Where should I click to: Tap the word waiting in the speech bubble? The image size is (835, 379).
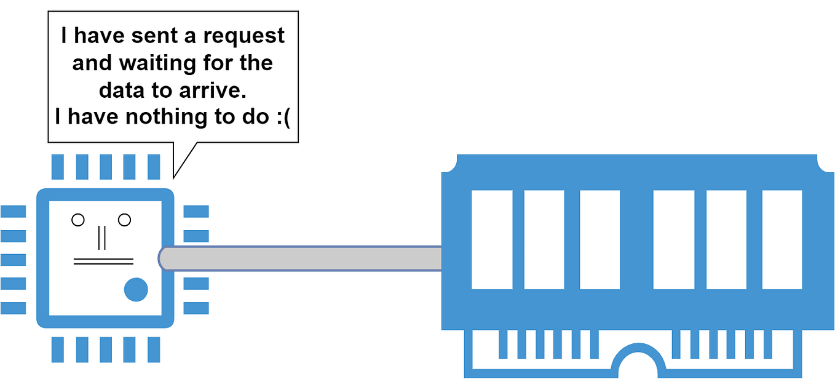158,63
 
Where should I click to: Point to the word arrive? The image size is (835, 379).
210,90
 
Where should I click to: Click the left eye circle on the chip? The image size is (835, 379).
78,220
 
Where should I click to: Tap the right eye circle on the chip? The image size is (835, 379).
125,220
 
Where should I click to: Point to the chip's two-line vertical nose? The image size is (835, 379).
102,237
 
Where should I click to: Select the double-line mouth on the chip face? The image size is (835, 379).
103,261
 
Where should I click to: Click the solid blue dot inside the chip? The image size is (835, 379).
136,289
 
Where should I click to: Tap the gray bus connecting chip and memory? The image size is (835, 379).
301,258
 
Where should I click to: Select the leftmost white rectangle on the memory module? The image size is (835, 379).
492,240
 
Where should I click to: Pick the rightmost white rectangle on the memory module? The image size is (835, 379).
782,240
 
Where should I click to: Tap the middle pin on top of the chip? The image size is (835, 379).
105,167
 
